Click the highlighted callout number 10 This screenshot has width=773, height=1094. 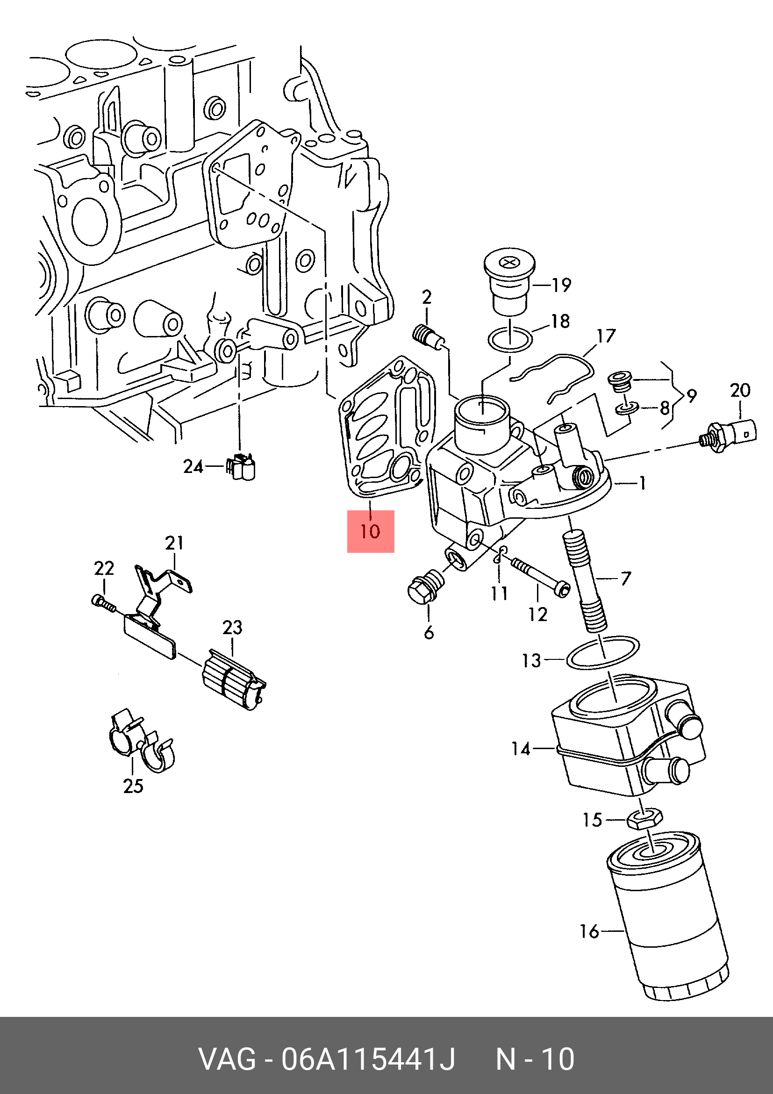tap(370, 531)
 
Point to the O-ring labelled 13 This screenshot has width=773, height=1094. tap(603, 653)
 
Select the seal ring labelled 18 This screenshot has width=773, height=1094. tap(509, 340)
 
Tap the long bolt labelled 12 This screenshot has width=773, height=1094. tap(540, 578)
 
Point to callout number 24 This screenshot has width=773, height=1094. tap(193, 466)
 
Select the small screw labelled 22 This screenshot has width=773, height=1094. tap(103, 603)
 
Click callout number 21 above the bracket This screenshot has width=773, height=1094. tap(174, 543)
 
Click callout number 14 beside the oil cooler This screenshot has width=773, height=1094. tap(521, 749)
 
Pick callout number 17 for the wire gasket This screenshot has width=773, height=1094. tap(606, 336)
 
